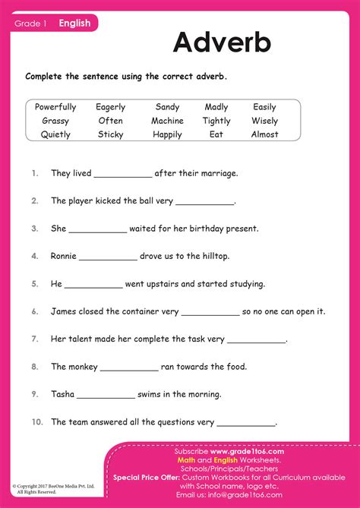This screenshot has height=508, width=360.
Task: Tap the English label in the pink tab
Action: [74, 23]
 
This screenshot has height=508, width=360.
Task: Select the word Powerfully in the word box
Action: [55, 107]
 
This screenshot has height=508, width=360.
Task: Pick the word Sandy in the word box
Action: [167, 107]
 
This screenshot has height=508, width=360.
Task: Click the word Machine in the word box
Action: [167, 121]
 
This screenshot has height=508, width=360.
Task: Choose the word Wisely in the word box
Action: [264, 121]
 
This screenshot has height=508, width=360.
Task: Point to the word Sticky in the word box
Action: [110, 134]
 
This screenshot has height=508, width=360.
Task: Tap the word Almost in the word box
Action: [264, 134]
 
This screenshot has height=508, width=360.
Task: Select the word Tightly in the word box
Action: [216, 121]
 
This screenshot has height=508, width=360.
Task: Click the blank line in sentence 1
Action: [123, 175]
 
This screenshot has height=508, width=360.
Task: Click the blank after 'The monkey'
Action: [129, 368]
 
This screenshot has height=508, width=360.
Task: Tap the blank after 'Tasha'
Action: [106, 396]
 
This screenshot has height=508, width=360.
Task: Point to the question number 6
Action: [35, 311]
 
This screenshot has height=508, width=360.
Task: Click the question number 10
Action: [37, 421]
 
